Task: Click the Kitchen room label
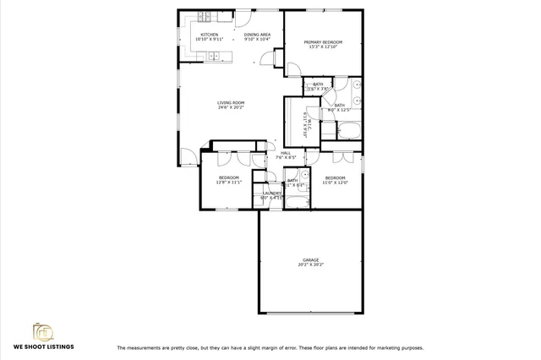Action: (x=209, y=35)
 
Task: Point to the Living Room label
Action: (x=231, y=103)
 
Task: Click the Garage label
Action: (x=310, y=259)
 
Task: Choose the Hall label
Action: (x=285, y=153)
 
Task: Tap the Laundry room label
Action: (x=271, y=194)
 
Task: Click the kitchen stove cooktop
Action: (x=205, y=18)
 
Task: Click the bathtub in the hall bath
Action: (x=296, y=200)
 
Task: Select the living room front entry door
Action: (x=187, y=156)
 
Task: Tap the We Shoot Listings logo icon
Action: (x=42, y=330)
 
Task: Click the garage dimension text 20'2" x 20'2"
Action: (x=310, y=265)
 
